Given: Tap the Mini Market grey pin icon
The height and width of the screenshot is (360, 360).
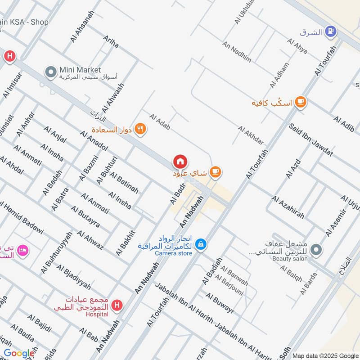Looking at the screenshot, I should pos(50,71).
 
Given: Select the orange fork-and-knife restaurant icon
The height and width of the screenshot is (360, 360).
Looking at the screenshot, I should pos(141,128).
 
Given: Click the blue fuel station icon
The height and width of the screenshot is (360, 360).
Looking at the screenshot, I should pos(331,31).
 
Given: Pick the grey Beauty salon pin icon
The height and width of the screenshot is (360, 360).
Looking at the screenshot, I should pos(317,248).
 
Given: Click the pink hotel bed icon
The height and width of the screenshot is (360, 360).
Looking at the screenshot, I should pos(23,249).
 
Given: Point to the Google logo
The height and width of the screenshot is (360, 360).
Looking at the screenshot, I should pos(19,353).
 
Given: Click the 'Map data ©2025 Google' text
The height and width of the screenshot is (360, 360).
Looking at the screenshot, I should pos(325,355).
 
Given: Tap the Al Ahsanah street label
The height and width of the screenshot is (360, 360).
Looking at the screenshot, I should pos(82,27).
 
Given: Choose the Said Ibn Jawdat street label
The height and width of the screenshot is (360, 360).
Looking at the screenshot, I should pos(311,140).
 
